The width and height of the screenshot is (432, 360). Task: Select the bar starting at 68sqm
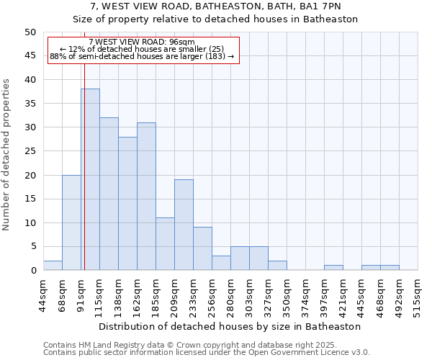71,222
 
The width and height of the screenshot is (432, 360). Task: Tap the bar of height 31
146,196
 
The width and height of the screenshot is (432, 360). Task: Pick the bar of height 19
184,225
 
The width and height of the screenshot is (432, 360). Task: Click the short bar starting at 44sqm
53,266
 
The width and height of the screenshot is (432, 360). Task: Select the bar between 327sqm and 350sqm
277,266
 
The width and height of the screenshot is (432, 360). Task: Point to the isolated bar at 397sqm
333,268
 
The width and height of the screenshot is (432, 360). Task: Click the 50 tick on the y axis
30,32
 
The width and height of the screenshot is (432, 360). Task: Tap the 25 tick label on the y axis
30,151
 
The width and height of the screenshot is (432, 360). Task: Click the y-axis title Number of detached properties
7,155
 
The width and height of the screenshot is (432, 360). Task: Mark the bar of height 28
127,203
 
